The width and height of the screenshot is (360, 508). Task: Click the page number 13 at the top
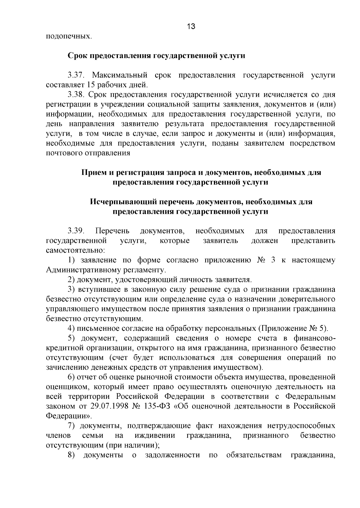(x=191, y=27)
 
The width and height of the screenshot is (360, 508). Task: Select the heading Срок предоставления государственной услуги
(x=156, y=56)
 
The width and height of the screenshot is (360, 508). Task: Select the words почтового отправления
(x=88, y=153)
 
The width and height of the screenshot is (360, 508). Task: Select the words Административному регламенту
(x=106, y=270)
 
